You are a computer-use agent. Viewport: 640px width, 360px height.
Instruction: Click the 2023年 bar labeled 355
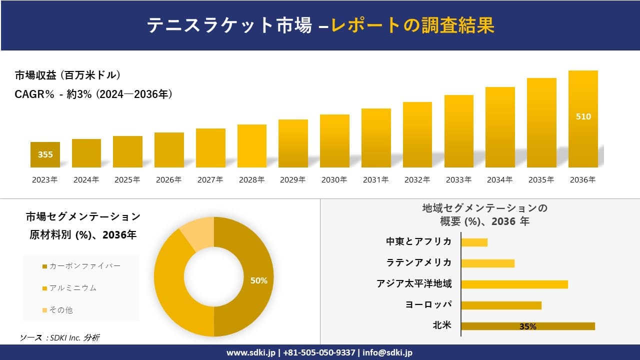click(45, 154)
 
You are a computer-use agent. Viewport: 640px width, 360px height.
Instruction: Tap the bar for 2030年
click(334, 141)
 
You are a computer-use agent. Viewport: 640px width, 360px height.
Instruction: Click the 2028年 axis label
click(252, 180)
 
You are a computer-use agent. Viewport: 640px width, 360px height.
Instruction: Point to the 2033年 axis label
click(458, 180)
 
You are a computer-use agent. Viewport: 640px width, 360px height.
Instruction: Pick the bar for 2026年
click(169, 150)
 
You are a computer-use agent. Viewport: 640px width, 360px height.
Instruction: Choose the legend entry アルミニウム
click(69, 288)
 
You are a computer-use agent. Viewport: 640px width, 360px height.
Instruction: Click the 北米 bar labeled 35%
click(527, 326)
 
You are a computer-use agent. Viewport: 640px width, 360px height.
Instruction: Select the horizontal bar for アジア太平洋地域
click(514, 284)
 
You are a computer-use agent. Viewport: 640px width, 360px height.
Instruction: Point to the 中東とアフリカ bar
click(474, 242)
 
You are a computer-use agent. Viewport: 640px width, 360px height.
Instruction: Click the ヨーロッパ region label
click(428, 305)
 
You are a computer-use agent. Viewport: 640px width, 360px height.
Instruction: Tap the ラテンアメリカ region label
click(419, 263)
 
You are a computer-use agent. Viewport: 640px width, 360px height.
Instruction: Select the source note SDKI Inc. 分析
click(59, 338)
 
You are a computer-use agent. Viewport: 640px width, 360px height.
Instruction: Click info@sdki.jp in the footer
click(387, 352)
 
